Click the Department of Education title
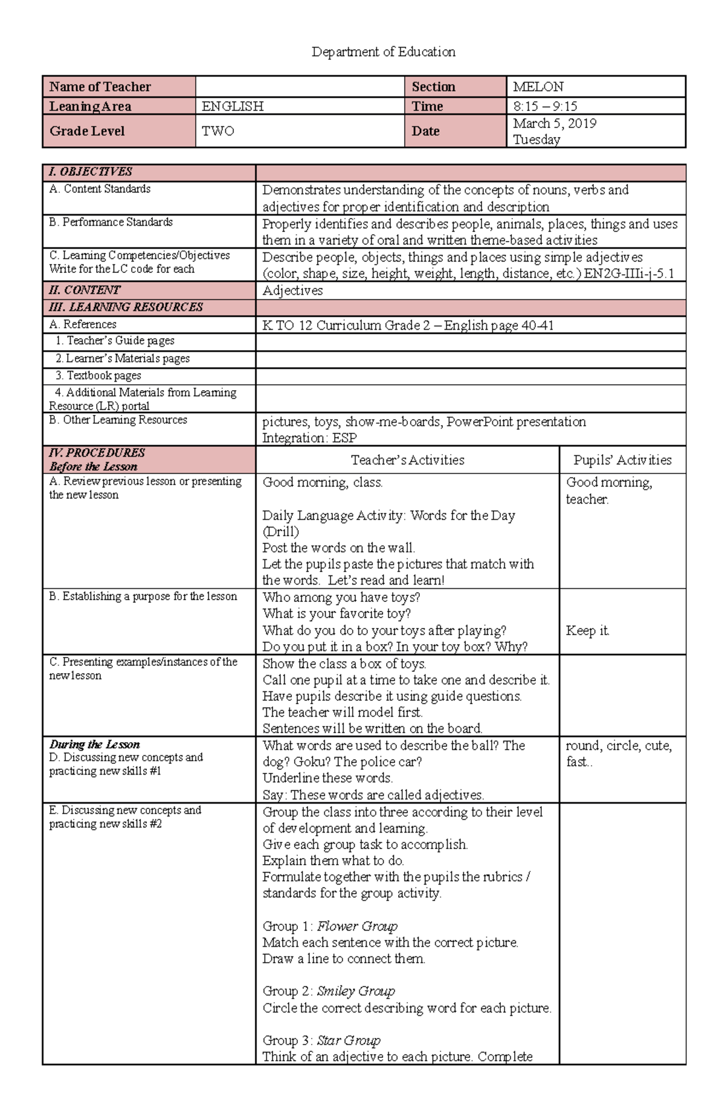(x=383, y=52)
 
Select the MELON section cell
(x=538, y=87)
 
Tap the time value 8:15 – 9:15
(x=544, y=106)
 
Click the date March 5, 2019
(x=554, y=123)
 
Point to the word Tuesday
(x=536, y=139)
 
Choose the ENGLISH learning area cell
(x=233, y=106)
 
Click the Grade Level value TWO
(x=217, y=131)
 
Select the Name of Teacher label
(x=100, y=87)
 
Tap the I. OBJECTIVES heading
(x=91, y=171)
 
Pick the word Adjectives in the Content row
(x=292, y=290)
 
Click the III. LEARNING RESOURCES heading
(x=126, y=307)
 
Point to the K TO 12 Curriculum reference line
(x=408, y=325)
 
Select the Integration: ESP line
(x=309, y=438)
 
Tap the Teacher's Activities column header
(x=407, y=460)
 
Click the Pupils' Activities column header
(x=622, y=460)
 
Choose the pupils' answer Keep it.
(x=587, y=630)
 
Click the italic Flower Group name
(x=357, y=926)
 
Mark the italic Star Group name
(x=349, y=1040)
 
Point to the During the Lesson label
(x=94, y=745)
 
